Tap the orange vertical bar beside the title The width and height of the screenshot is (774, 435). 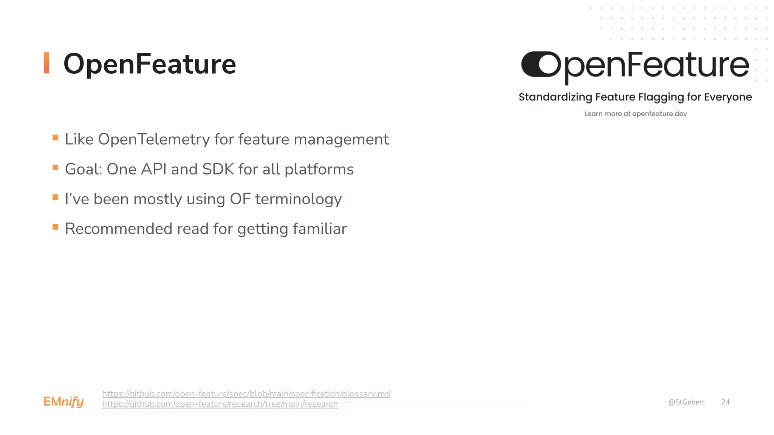click(46, 63)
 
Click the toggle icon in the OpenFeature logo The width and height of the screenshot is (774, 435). click(541, 64)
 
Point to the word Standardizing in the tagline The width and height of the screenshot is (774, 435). click(555, 97)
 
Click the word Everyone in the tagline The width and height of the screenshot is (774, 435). click(728, 97)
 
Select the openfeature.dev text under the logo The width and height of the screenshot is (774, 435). click(659, 114)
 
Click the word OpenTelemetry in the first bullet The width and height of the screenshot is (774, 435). click(154, 139)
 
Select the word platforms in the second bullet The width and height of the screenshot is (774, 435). click(319, 170)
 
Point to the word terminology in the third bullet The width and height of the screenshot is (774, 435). click(298, 199)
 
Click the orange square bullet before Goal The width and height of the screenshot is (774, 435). click(56, 167)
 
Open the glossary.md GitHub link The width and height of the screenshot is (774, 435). click(246, 393)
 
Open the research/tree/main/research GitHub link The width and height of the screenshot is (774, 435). click(220, 404)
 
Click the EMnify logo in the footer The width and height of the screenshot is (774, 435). click(63, 402)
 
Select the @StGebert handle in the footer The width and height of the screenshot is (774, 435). click(686, 402)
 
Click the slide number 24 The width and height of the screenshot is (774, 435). click(725, 402)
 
